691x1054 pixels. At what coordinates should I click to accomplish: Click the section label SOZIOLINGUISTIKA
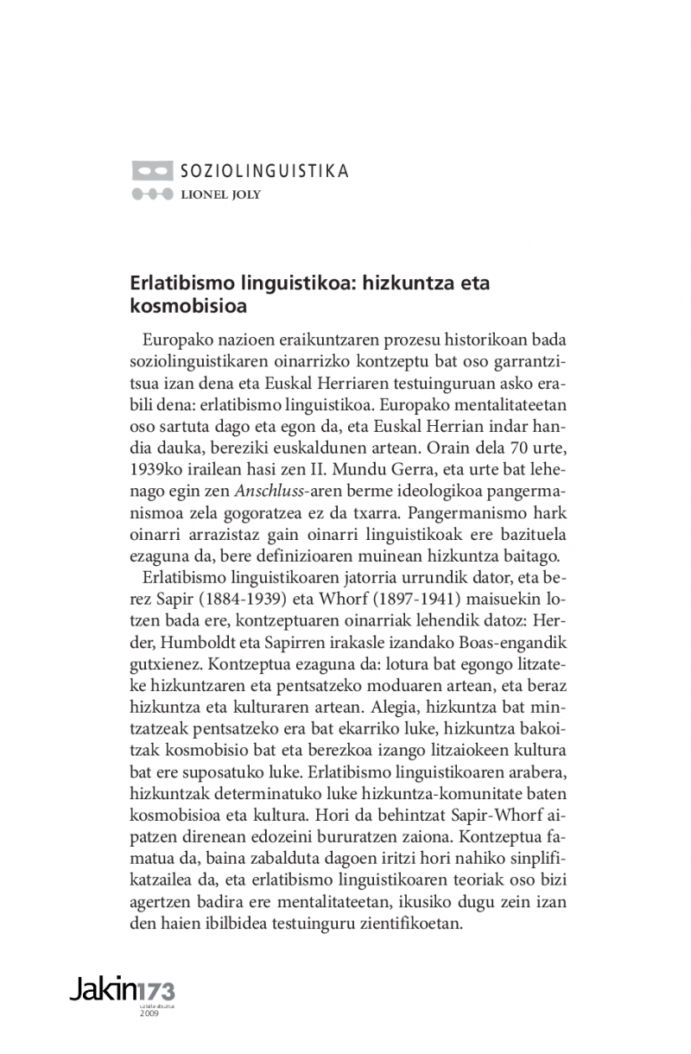coord(264,171)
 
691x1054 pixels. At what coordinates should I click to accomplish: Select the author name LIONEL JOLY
coord(220,194)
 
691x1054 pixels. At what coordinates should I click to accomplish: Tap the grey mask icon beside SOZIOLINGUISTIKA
coord(152,171)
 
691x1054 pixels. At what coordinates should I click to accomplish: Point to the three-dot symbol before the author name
coord(152,194)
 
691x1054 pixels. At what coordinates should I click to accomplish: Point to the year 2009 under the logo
coord(149,1013)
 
